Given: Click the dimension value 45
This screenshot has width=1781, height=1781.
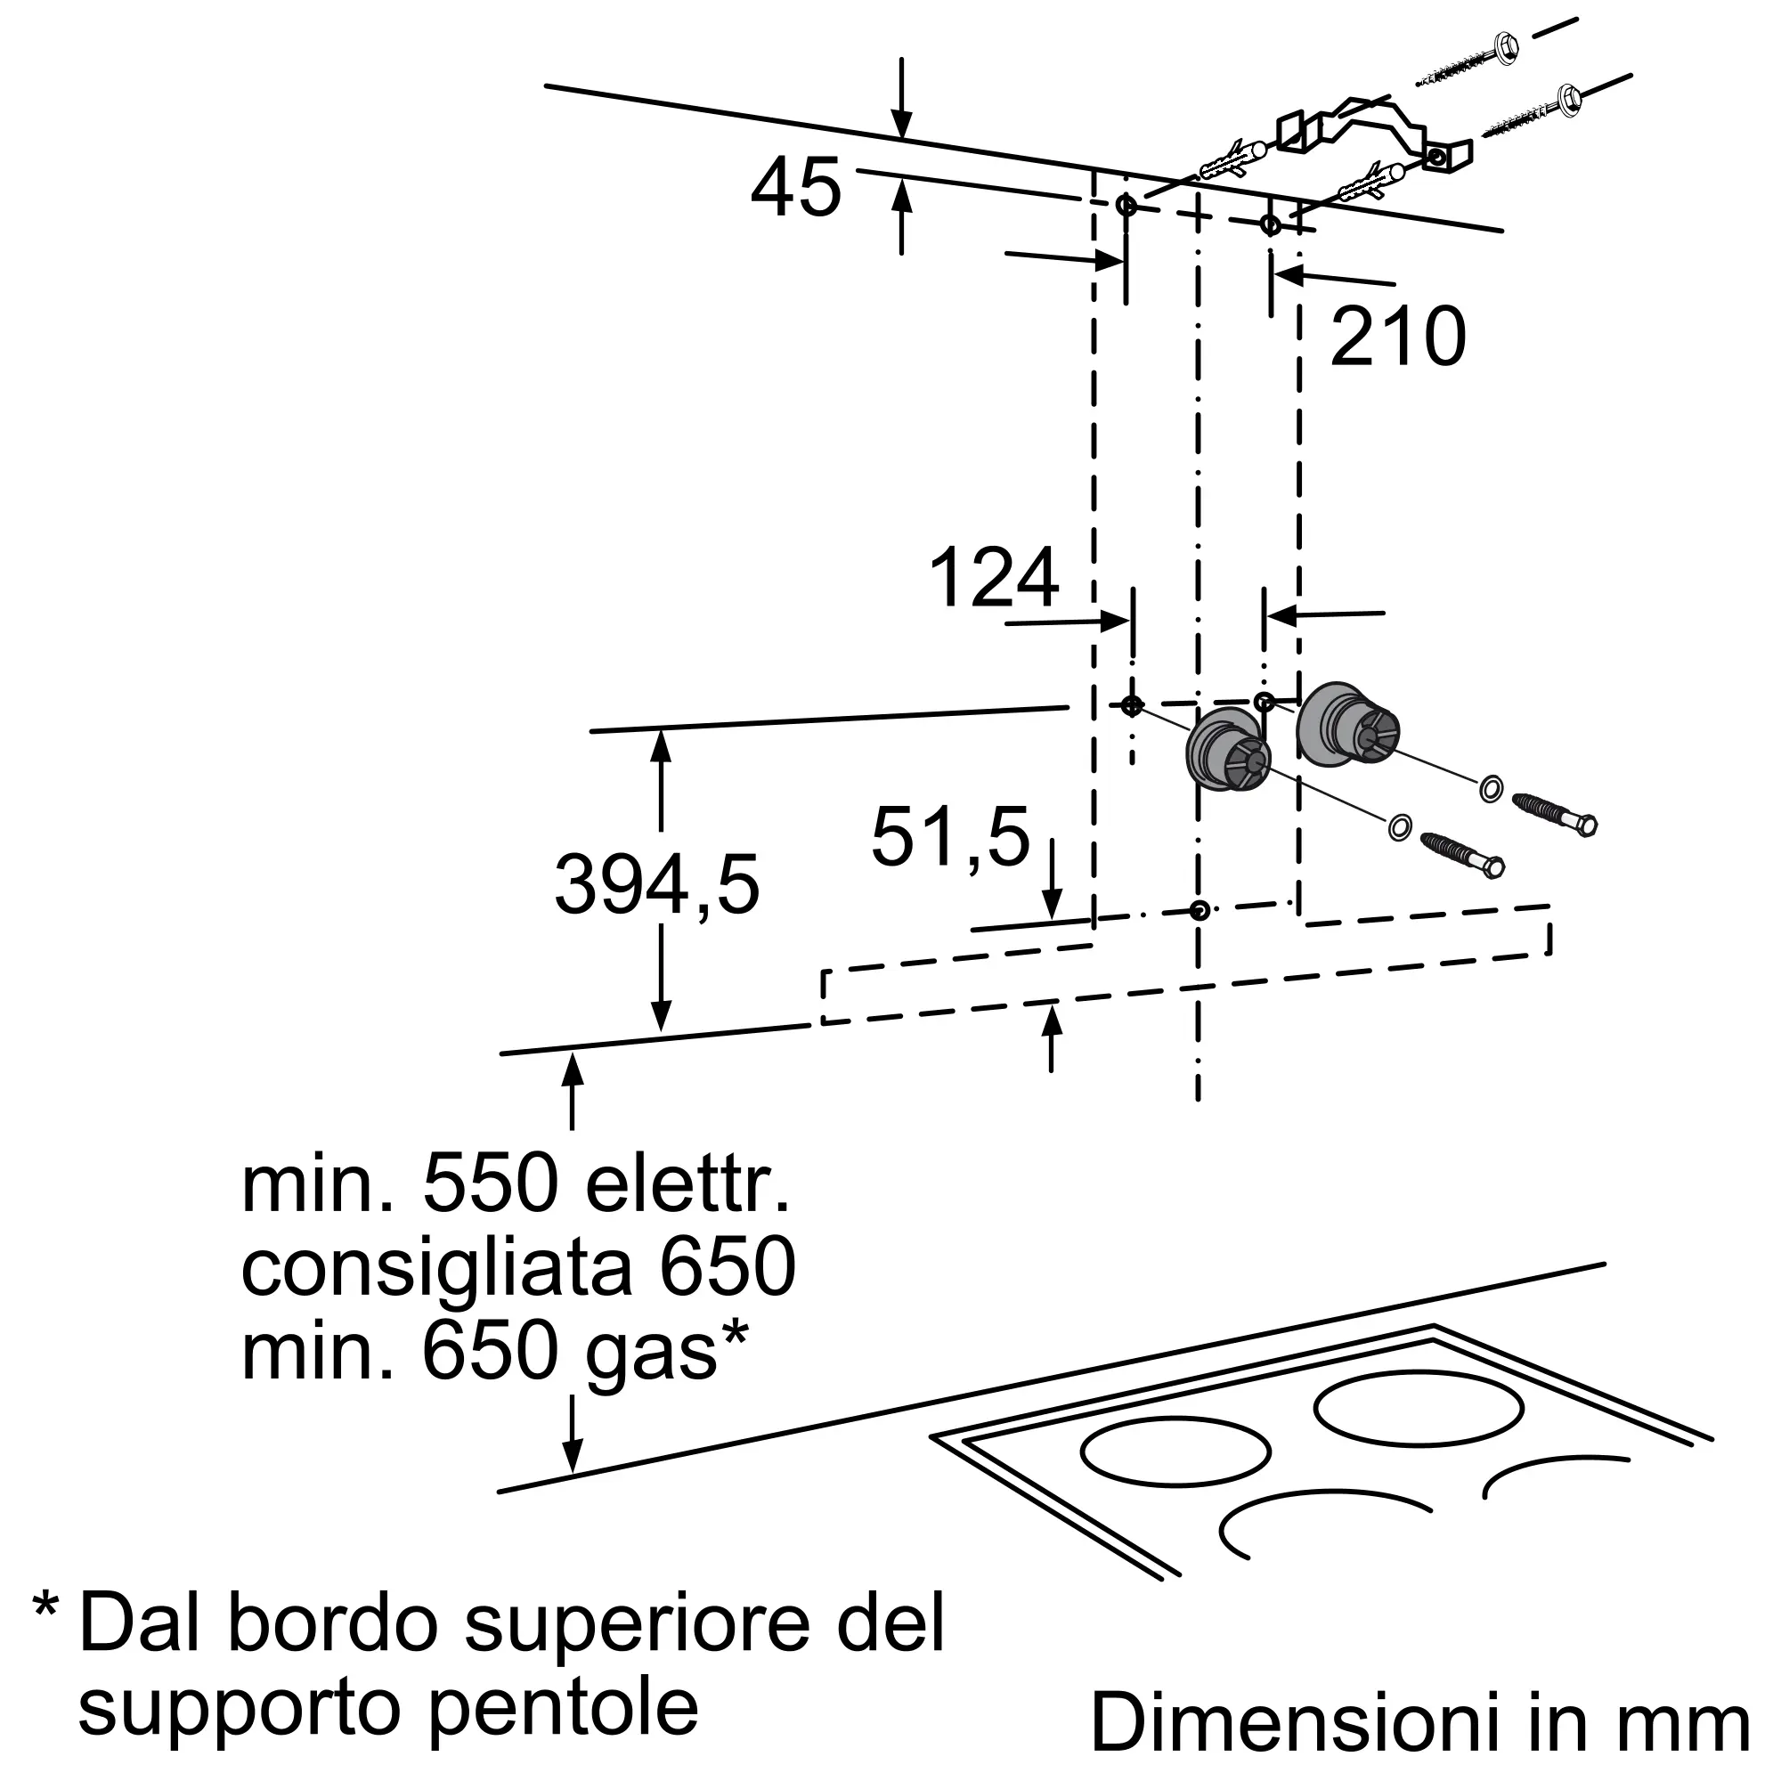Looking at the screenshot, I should click(x=795, y=188).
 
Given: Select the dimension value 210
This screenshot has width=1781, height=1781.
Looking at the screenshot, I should click(x=1397, y=337).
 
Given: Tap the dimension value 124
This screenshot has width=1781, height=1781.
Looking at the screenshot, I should click(x=994, y=579).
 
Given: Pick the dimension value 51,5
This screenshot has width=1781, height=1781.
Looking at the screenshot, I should click(x=950, y=838).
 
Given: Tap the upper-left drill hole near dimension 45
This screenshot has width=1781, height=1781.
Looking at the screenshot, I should click(x=1126, y=205).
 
